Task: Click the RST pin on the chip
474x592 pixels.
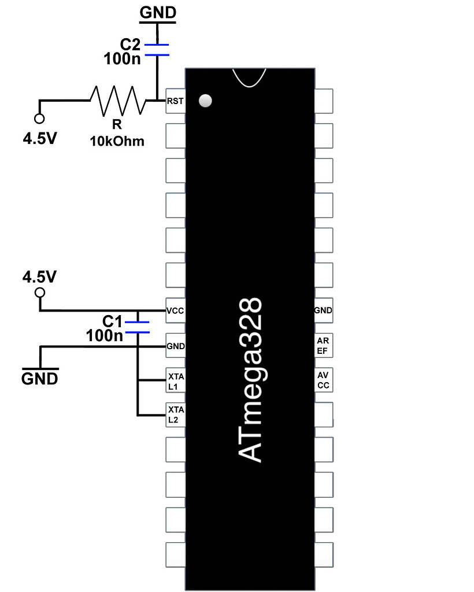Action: point(175,101)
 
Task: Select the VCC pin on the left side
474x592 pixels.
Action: point(175,310)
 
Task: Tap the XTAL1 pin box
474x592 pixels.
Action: point(175,381)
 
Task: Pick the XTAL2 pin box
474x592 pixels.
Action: point(175,415)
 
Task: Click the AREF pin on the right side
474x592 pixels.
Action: point(323,346)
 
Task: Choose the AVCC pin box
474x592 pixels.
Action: point(323,380)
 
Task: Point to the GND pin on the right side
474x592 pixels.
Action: point(323,310)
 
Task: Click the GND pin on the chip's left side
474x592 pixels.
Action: point(175,346)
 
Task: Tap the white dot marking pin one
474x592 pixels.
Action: point(205,101)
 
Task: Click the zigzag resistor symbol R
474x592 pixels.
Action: point(117,101)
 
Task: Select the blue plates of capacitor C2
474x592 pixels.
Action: point(156,50)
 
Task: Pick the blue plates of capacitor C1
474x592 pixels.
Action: point(138,327)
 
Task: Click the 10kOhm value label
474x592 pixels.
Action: point(117,141)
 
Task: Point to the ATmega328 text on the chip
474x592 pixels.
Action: point(250,380)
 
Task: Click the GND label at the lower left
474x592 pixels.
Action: point(40,379)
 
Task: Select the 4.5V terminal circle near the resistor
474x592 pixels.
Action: point(39,119)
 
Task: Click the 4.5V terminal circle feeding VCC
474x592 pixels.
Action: point(39,293)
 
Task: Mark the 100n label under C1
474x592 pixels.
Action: point(104,335)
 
